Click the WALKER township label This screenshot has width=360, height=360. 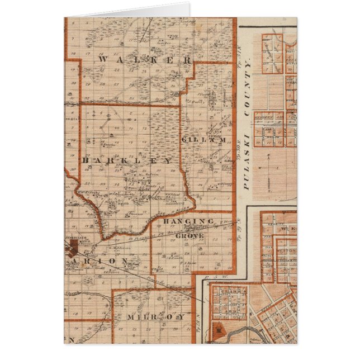(144, 59)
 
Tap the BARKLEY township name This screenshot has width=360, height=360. (127, 160)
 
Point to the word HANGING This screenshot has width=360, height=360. (188, 222)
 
